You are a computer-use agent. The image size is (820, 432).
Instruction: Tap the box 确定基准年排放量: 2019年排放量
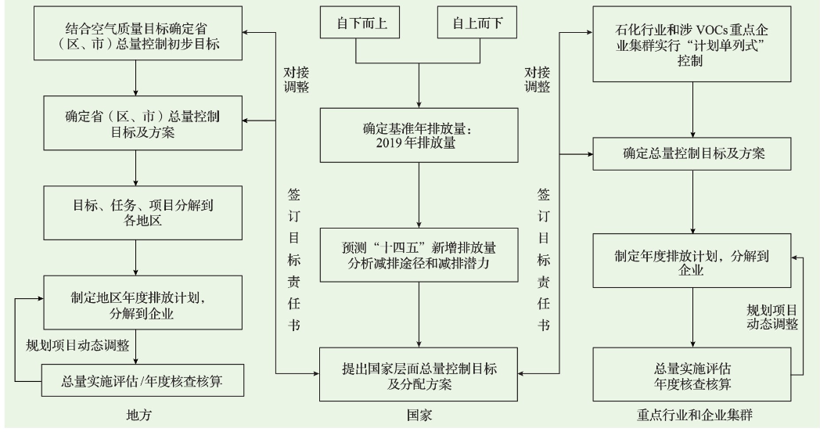(x=420, y=135)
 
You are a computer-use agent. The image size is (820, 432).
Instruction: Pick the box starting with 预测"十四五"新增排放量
(x=420, y=253)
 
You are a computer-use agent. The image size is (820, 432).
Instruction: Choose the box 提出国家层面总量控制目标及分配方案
(x=420, y=376)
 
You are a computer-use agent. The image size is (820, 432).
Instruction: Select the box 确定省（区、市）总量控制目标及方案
(x=136, y=124)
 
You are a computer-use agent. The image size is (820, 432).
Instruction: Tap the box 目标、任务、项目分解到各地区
(x=136, y=212)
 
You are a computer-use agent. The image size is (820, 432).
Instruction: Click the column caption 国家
(x=420, y=415)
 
